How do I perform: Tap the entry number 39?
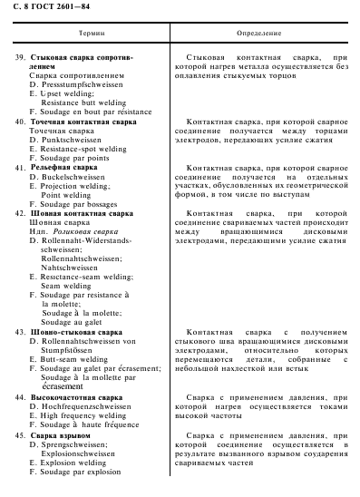21,56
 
